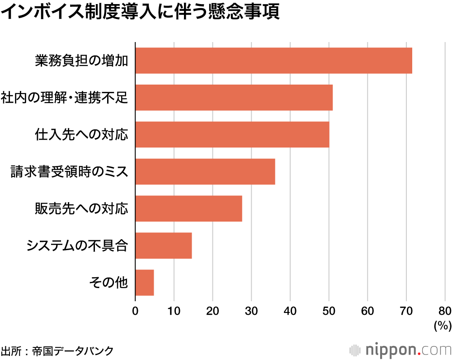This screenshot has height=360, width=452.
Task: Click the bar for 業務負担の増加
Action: click(x=273, y=60)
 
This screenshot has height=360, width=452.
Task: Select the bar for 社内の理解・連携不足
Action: click(x=234, y=97)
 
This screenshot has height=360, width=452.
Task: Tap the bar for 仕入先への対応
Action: click(x=232, y=134)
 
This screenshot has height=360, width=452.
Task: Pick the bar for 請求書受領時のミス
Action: click(x=205, y=171)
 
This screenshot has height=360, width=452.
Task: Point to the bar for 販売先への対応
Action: click(x=188, y=208)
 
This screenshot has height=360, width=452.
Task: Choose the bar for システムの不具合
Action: click(x=163, y=246)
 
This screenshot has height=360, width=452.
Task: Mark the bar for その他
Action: click(x=144, y=283)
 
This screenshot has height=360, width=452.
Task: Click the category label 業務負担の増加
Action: click(x=82, y=61)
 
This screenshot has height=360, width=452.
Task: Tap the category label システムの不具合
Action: click(x=77, y=246)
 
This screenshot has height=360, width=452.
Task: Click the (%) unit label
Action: click(x=442, y=325)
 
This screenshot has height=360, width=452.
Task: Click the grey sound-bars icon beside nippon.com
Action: click(x=355, y=351)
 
